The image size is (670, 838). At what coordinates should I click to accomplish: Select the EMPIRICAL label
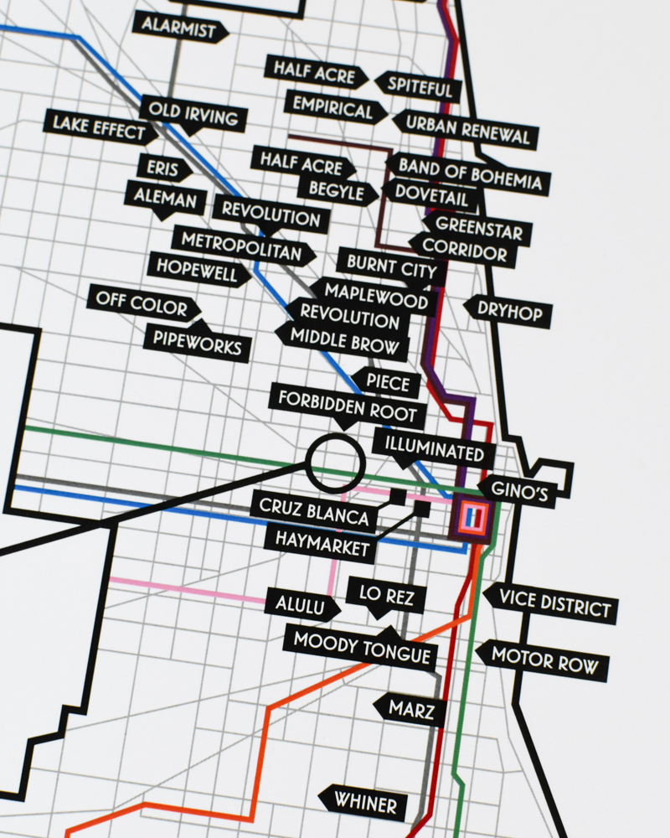[x=332, y=109]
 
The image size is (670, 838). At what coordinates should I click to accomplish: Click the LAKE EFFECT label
[x=100, y=127]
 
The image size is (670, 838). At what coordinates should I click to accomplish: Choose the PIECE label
[x=387, y=383]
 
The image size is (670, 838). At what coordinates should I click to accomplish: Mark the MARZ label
[x=410, y=710]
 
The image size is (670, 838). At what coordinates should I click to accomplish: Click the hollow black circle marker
[x=335, y=463]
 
